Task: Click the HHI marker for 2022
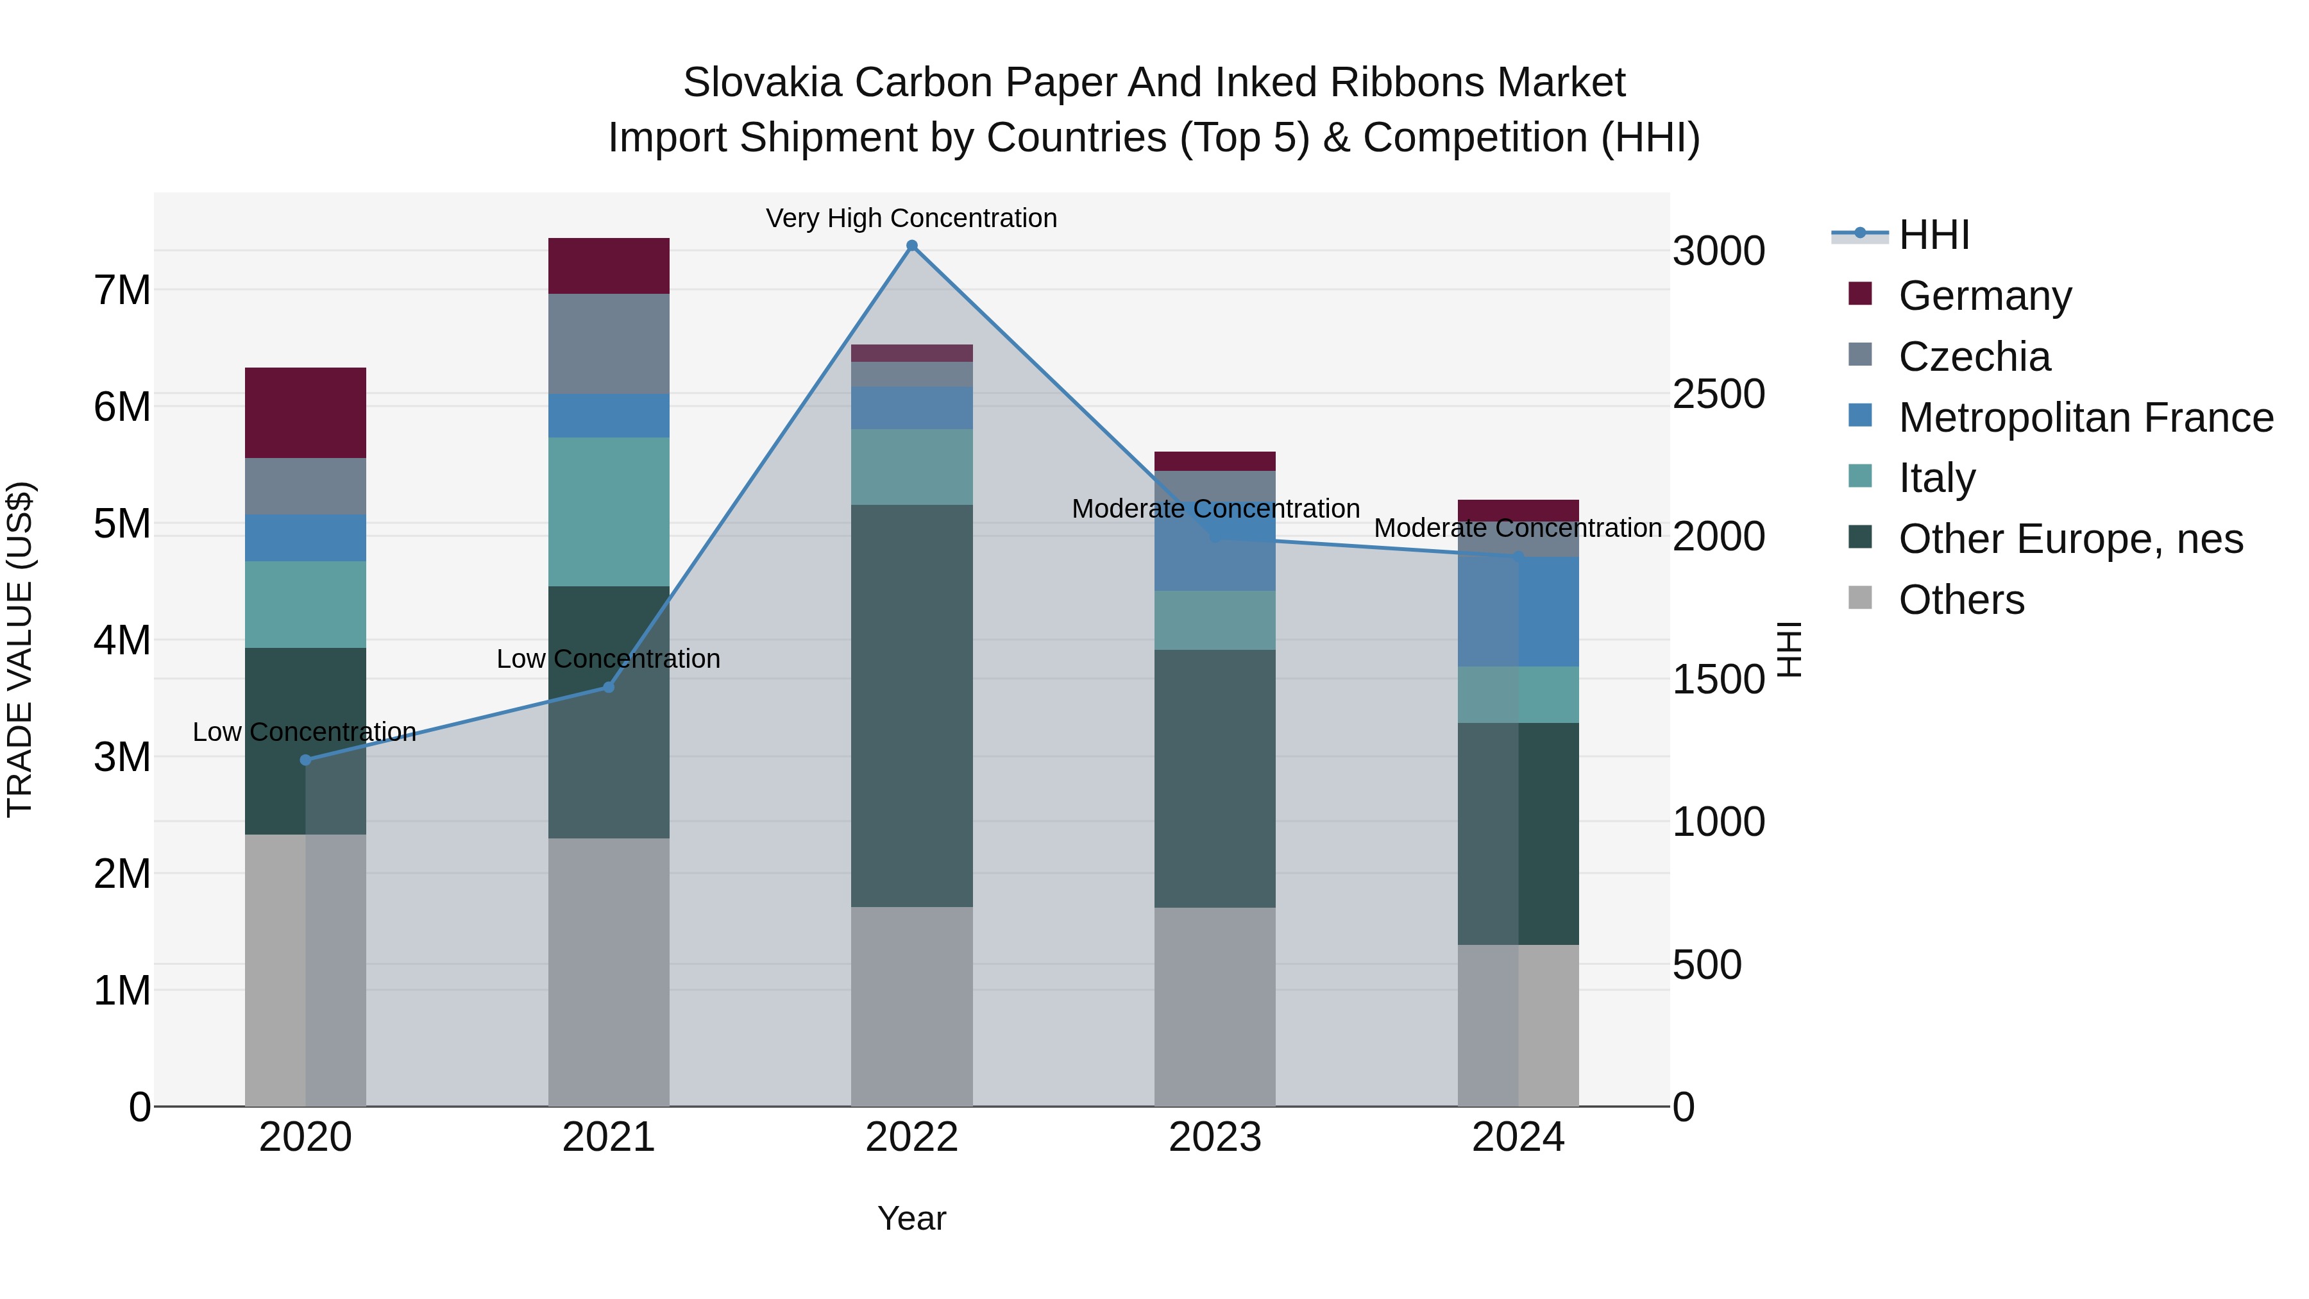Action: [911, 246]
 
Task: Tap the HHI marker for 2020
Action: [306, 760]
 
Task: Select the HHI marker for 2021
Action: [609, 688]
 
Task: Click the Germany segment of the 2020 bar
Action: [306, 413]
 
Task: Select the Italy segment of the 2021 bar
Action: [609, 512]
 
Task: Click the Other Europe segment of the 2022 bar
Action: [911, 706]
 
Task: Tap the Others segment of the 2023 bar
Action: [1215, 1006]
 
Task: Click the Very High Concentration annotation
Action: [911, 219]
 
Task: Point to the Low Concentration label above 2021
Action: [609, 659]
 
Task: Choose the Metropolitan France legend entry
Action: [2086, 418]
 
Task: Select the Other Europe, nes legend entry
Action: [2070, 539]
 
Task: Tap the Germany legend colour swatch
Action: [1860, 294]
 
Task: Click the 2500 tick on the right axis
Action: [1718, 395]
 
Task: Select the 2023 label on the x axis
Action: [1215, 1137]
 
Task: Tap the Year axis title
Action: [911, 1218]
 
